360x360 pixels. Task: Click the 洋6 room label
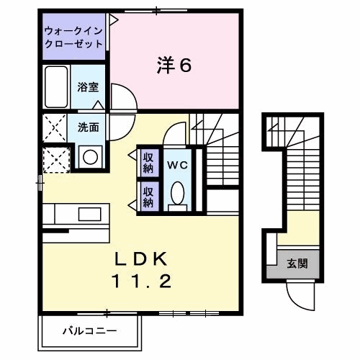point(174,66)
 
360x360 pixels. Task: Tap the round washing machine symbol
point(90,156)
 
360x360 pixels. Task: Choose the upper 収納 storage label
point(148,162)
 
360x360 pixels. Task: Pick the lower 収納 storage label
point(148,197)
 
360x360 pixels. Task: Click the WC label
point(177,164)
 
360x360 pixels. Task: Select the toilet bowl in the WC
point(177,192)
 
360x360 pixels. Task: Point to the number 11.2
point(140,282)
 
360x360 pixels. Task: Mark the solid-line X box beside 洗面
point(55,128)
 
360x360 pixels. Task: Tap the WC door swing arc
point(174,135)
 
